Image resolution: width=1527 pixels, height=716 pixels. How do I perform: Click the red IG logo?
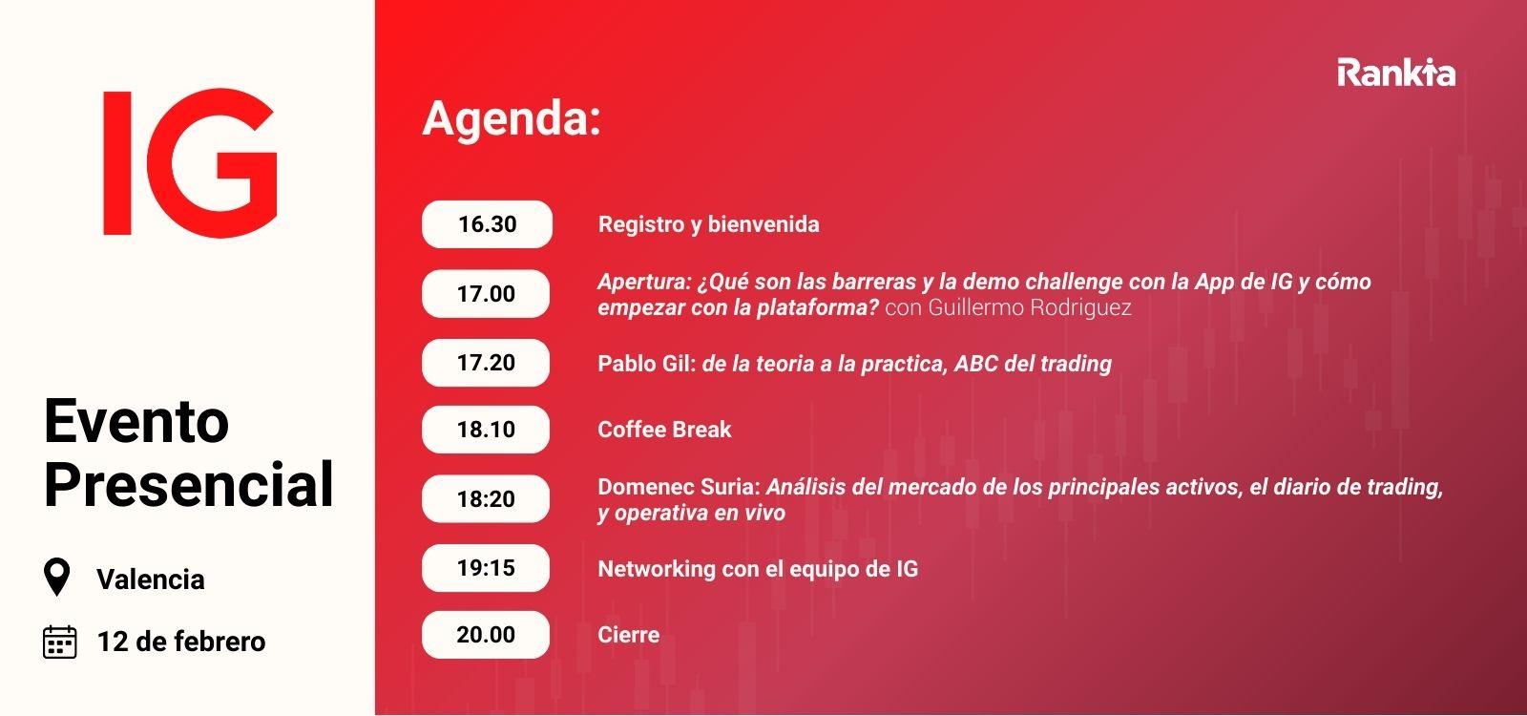[189, 162]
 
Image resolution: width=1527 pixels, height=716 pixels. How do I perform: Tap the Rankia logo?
[1395, 74]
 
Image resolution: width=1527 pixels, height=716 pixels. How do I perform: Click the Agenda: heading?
[512, 119]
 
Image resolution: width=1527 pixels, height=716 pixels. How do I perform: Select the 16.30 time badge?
[487, 224]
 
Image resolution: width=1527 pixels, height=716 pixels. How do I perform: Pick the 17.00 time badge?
[486, 294]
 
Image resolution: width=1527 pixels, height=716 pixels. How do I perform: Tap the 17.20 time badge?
[486, 363]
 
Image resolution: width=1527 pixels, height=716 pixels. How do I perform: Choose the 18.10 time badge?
[486, 430]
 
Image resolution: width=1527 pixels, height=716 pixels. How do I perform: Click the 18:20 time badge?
[486, 499]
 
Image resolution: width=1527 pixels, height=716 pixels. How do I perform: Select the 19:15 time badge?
[486, 568]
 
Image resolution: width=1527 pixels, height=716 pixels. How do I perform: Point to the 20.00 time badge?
[486, 635]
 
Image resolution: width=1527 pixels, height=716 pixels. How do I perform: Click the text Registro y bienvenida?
[708, 224]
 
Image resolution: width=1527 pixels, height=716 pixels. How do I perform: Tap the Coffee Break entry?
[664, 430]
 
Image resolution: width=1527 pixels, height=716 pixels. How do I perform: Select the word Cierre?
[628, 635]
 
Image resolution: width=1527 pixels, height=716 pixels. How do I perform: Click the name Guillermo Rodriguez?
[1029, 307]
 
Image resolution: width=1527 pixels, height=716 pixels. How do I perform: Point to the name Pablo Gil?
[646, 364]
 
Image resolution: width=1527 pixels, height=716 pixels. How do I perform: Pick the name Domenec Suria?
[677, 487]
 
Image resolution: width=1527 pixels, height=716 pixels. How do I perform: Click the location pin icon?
[57, 578]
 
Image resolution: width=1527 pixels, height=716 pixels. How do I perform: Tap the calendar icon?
[60, 642]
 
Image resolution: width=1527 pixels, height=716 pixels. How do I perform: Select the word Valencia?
[151, 579]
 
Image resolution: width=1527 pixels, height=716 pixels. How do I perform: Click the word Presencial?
[189, 484]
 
